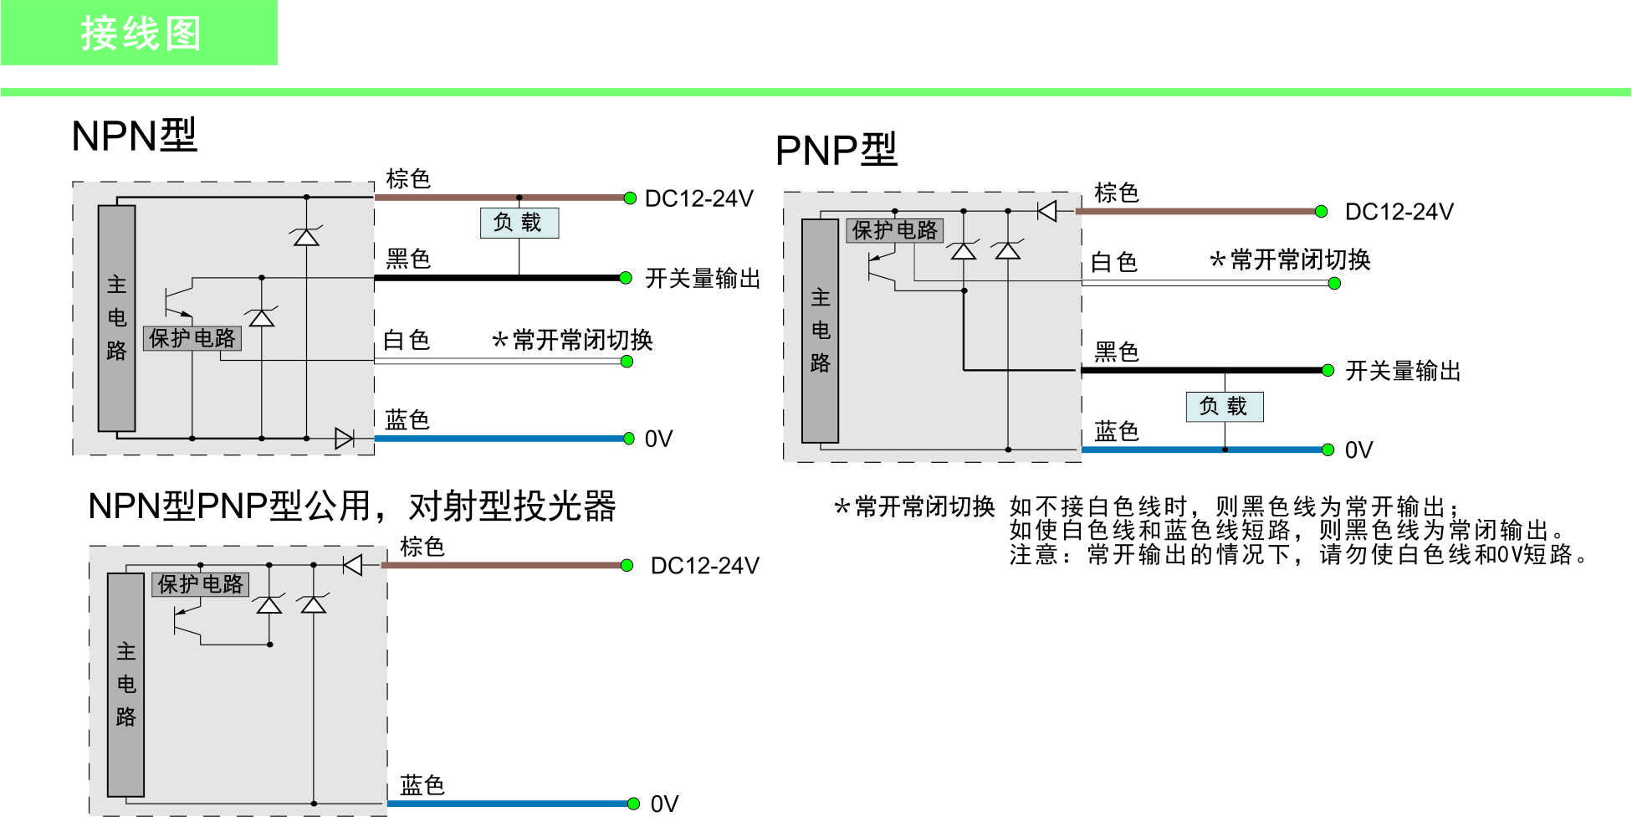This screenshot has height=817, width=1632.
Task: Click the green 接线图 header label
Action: pyautogui.click(x=141, y=34)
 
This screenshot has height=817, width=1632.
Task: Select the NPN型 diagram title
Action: pyautogui.click(x=135, y=136)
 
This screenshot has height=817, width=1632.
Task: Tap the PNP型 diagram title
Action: pyautogui.click(x=836, y=151)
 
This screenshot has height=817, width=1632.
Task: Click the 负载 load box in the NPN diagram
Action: pyautogui.click(x=519, y=223)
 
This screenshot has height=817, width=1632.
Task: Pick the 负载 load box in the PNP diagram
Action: pyautogui.click(x=1225, y=407)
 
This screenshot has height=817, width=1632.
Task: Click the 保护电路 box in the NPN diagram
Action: pyautogui.click(x=192, y=338)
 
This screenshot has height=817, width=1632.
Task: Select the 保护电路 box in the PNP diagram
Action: pyautogui.click(x=895, y=230)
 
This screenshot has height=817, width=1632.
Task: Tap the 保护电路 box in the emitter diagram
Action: pyautogui.click(x=201, y=584)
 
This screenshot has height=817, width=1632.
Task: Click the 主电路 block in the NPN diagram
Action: pyautogui.click(x=117, y=318)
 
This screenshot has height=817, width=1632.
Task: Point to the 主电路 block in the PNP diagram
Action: pyautogui.click(x=821, y=331)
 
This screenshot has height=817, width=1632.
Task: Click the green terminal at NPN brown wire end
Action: pyautogui.click(x=630, y=198)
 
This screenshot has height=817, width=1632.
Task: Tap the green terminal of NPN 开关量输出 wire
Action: pyautogui.click(x=625, y=278)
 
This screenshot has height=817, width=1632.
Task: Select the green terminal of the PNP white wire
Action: pyautogui.click(x=1334, y=284)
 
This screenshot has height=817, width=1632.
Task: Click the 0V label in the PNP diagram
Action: pyautogui.click(x=1359, y=450)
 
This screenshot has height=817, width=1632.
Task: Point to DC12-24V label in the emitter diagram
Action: pyautogui.click(x=705, y=566)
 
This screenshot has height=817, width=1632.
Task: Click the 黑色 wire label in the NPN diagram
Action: pyautogui.click(x=408, y=259)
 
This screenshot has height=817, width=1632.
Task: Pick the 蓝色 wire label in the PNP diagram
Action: pyautogui.click(x=1117, y=432)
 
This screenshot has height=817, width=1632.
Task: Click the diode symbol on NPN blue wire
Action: pyautogui.click(x=344, y=438)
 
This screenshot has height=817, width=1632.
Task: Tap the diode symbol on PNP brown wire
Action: pyautogui.click(x=1046, y=211)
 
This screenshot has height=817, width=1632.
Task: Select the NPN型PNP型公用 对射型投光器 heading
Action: pyautogui.click(x=352, y=506)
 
